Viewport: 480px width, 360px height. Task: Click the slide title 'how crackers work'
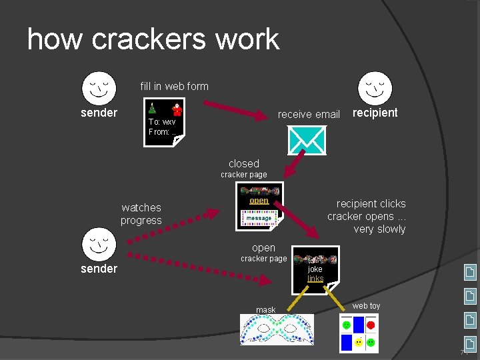[x=153, y=39]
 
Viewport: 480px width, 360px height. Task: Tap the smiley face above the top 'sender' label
[x=99, y=87]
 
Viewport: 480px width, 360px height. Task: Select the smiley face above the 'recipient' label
[x=375, y=87]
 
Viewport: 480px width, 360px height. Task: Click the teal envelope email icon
[x=306, y=140]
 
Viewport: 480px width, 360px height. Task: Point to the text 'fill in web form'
[x=174, y=86]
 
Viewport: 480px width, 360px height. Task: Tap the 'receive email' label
[x=309, y=114]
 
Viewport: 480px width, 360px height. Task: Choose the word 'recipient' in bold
[x=375, y=113]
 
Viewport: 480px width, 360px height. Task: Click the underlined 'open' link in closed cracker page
[x=259, y=201]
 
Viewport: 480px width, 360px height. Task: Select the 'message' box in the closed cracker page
[x=259, y=218]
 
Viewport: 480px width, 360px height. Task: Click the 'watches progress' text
[x=141, y=214]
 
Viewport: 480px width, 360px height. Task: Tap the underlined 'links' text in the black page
[x=315, y=279]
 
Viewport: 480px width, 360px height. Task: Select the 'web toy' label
[x=366, y=306]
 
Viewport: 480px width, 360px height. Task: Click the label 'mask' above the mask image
[x=265, y=310]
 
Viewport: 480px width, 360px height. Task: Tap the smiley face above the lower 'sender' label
[x=99, y=244]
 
